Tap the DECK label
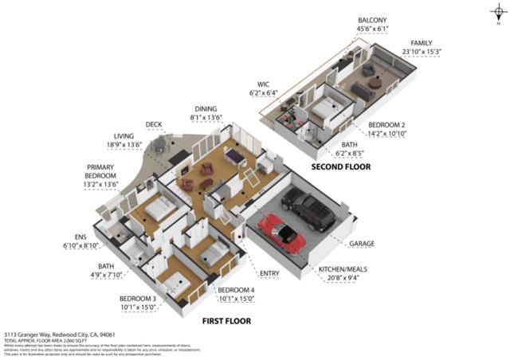coord(154,124)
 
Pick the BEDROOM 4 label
coord(236,289)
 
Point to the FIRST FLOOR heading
coord(226,321)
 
